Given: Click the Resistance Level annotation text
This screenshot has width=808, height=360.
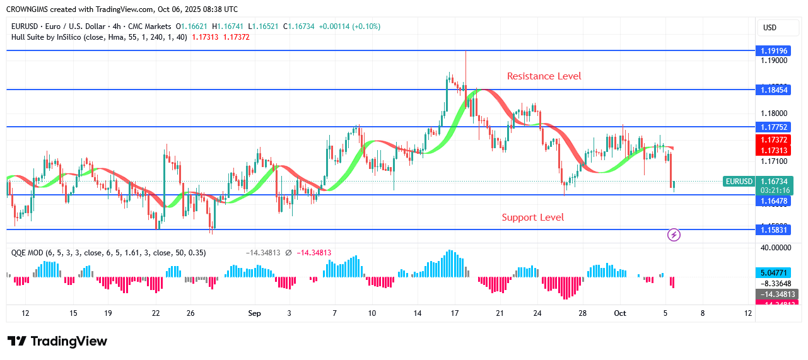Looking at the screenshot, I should point(544,76).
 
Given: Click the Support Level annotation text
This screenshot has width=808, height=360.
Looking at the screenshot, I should point(532,218).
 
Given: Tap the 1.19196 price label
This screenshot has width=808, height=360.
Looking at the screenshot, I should point(774,50).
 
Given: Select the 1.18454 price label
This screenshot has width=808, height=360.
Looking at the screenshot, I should point(774,90).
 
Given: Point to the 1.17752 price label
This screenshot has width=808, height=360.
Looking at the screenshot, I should point(774,127).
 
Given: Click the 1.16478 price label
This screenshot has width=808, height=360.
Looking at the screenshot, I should point(774,201).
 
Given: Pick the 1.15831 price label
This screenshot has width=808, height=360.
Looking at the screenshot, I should point(774,230).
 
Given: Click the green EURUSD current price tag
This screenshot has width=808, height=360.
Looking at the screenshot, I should point(739,182).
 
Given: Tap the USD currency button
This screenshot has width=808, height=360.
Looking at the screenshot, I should point(770,28).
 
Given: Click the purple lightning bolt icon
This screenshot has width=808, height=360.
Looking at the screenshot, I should point(674,235).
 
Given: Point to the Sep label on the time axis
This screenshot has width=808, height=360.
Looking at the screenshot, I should point(254,313).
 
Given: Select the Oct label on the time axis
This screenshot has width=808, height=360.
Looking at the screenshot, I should point(619,313).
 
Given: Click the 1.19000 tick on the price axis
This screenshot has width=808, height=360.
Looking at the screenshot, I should point(774,61).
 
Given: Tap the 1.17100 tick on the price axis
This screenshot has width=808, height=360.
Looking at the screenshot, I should point(774,162).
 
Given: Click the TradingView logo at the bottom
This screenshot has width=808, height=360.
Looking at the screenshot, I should point(57,341).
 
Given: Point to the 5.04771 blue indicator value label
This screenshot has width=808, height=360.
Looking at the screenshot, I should point(774,273).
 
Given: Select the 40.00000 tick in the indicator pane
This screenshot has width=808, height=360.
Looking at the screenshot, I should point(774,248).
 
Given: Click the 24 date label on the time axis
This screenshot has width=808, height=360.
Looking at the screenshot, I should point(537,313).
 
